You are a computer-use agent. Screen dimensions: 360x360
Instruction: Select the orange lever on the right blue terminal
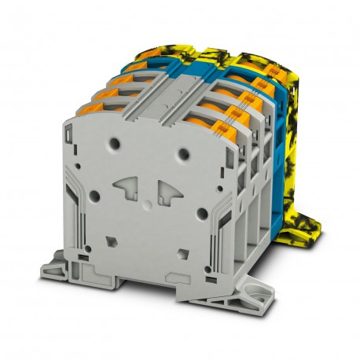pos(260,81)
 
